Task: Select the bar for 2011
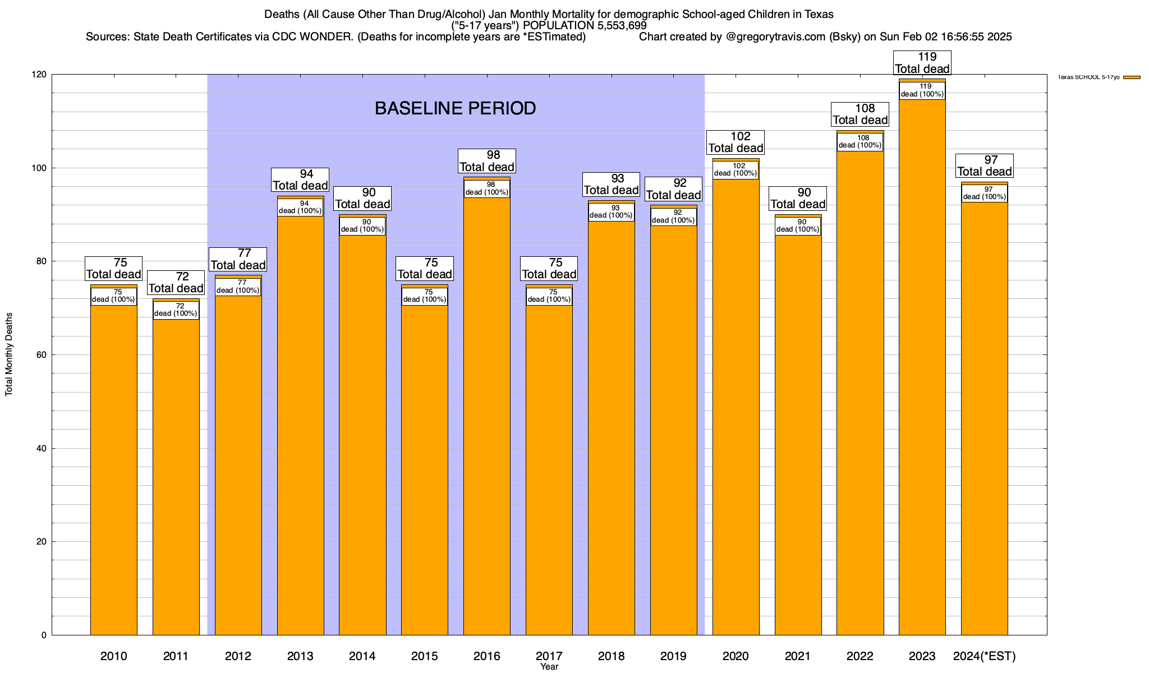pyautogui.click(x=176, y=477)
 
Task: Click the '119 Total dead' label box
pyautogui.click(x=922, y=63)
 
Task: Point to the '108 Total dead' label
pyautogui.click(x=860, y=114)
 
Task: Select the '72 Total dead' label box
pyautogui.click(x=176, y=283)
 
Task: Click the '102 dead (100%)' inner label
pyautogui.click(x=736, y=169)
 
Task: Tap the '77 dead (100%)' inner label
pyautogui.click(x=238, y=287)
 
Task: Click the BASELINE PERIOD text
pyautogui.click(x=455, y=108)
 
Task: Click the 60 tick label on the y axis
pyautogui.click(x=43, y=355)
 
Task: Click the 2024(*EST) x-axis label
pyautogui.click(x=984, y=656)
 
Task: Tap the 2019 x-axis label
pyautogui.click(x=673, y=656)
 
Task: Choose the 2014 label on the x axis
pyautogui.click(x=362, y=656)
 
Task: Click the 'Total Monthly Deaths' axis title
pyautogui.click(x=9, y=354)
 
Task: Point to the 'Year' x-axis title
pyautogui.click(x=549, y=667)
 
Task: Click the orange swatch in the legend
pyautogui.click(x=1132, y=77)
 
